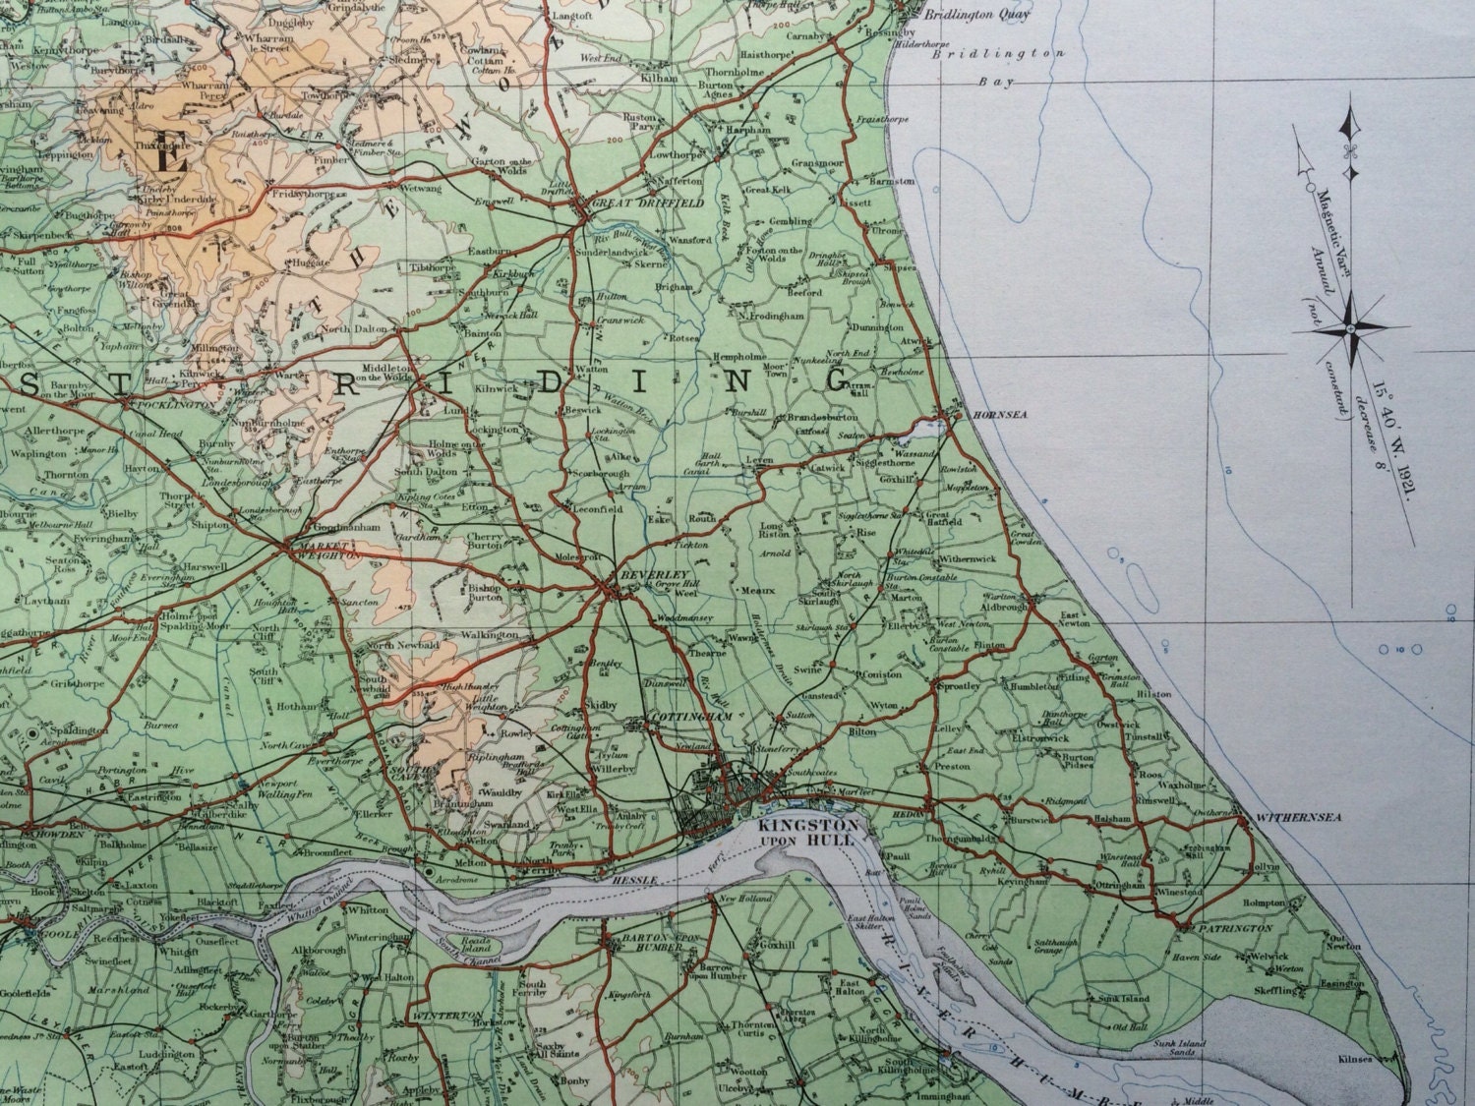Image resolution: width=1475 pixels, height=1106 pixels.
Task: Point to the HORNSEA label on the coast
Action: pos(1000,416)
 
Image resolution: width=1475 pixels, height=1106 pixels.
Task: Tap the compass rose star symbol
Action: pos(1349,326)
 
